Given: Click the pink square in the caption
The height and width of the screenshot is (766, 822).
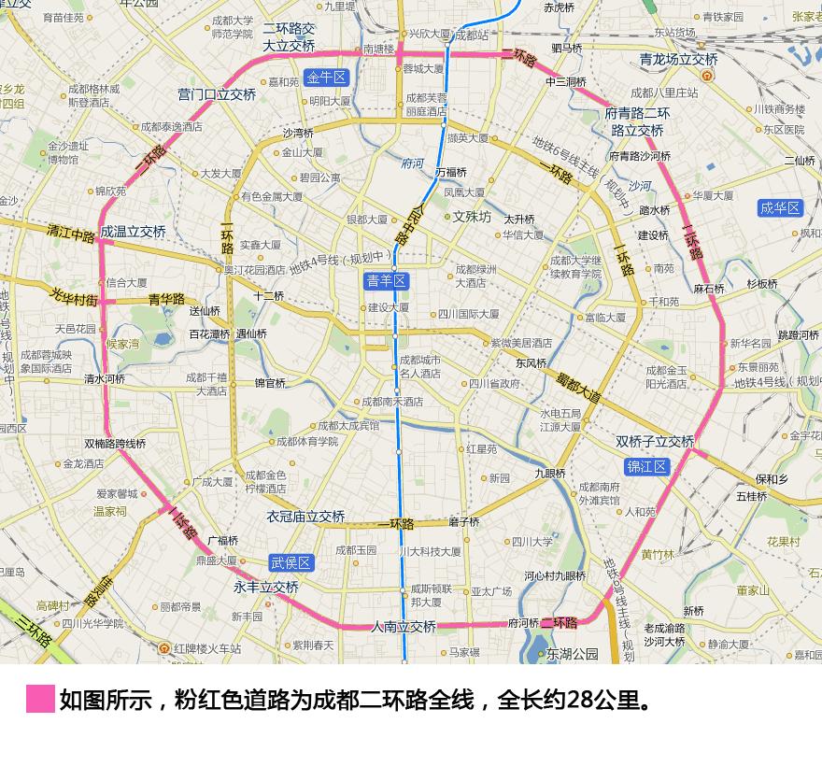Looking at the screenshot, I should [40, 699].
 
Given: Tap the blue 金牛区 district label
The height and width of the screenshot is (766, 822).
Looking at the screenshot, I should [326, 78].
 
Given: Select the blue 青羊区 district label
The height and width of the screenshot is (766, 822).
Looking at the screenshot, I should [386, 281].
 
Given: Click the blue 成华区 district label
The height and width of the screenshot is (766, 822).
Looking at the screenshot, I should [780, 208].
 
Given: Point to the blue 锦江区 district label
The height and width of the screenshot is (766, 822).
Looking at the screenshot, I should [647, 466].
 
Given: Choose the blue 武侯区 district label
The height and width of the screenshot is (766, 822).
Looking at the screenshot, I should [291, 562].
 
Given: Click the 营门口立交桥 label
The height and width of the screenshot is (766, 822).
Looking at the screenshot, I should [217, 94].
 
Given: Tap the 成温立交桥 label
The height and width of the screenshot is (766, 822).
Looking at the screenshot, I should [133, 232].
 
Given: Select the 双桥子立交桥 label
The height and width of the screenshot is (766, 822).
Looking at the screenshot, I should [655, 442].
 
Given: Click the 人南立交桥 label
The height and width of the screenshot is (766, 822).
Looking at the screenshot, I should [404, 627].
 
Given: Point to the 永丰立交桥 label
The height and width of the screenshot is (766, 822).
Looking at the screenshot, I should [266, 588].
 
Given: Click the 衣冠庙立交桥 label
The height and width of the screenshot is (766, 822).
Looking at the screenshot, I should [305, 517].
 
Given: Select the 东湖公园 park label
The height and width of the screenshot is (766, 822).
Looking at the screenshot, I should [572, 654].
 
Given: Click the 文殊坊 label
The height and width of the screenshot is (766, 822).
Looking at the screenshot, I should [472, 217].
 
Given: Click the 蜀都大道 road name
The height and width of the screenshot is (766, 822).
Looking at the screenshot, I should [579, 387].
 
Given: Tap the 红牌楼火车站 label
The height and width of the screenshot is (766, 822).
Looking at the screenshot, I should [205, 648].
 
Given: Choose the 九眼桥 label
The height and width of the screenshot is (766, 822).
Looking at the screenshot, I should [550, 474].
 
